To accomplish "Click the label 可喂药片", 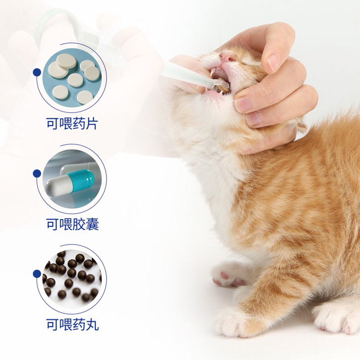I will click(72, 123).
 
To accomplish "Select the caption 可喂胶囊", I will click(72, 224).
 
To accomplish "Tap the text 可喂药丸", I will click(72, 324).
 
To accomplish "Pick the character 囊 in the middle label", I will click(92, 224).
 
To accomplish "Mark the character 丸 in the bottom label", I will click(92, 324).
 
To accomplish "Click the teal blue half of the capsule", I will click(84, 179).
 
